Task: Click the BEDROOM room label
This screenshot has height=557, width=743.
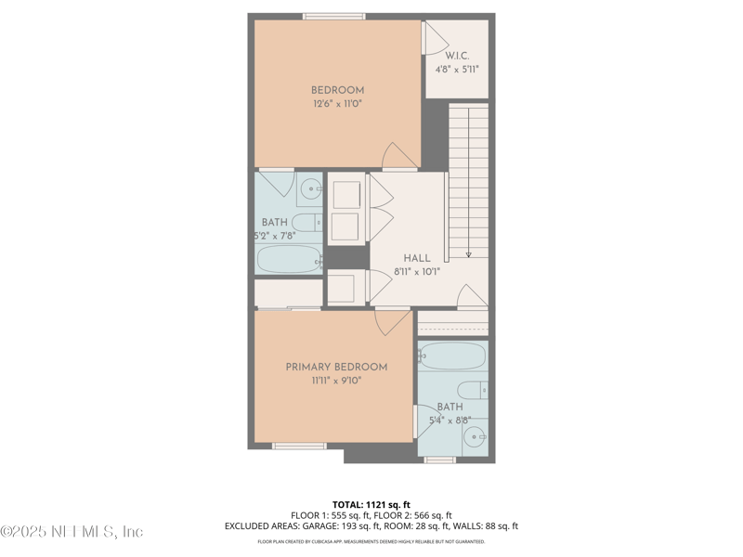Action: click(x=337, y=90)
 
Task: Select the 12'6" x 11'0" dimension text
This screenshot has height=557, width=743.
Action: click(x=337, y=104)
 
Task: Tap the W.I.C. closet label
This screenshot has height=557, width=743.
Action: click(x=457, y=55)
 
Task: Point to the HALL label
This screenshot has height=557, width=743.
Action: click(x=416, y=258)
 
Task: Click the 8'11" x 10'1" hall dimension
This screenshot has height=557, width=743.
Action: click(x=416, y=272)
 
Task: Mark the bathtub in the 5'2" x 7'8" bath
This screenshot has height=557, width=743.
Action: click(x=289, y=258)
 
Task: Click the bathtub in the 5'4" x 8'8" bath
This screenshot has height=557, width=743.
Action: click(x=452, y=356)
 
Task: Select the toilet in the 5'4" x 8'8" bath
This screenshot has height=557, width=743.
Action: click(x=472, y=390)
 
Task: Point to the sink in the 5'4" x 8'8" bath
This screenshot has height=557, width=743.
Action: click(x=474, y=437)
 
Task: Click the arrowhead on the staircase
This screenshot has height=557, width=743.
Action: click(x=469, y=253)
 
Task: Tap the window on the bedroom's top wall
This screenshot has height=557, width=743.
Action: click(x=333, y=16)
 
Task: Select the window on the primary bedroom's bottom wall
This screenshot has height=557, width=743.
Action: click(x=299, y=447)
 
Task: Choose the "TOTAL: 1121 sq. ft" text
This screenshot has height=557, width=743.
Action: click(x=371, y=505)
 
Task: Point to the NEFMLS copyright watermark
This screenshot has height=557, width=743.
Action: click(x=72, y=532)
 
